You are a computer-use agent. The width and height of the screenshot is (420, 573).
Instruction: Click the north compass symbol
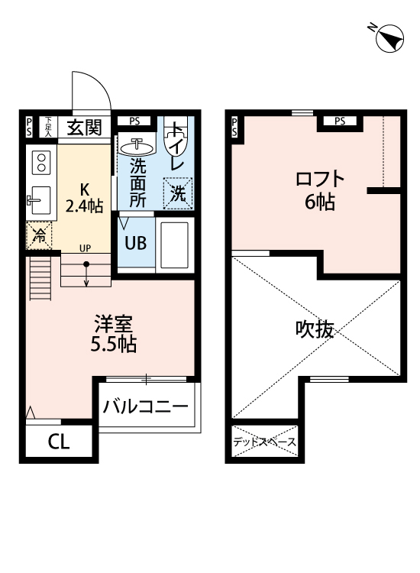[x=389, y=37]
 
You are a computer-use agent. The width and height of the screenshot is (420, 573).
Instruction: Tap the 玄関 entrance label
[x=83, y=128]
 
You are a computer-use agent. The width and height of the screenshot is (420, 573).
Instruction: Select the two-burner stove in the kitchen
[x=40, y=162]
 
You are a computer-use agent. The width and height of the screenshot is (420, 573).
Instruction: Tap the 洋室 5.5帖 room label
[x=113, y=334]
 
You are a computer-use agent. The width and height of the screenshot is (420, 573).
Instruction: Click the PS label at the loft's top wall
[x=339, y=120]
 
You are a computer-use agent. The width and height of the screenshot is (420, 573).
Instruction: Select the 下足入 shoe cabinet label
[x=47, y=126]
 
